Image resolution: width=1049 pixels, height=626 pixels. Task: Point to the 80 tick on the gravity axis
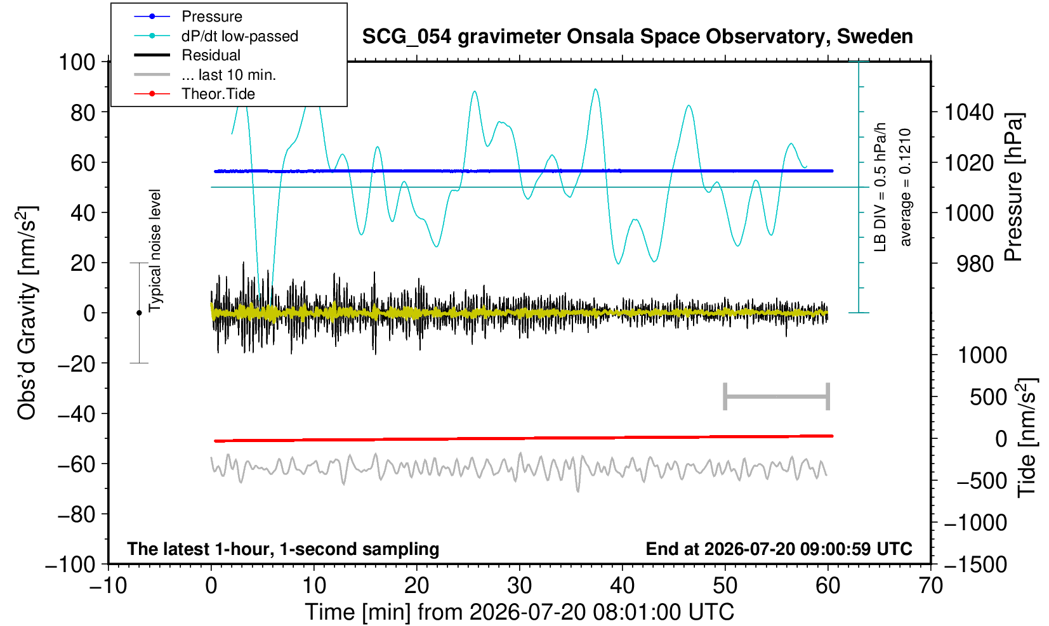click(83, 112)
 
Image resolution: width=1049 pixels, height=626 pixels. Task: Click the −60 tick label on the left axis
click(77, 464)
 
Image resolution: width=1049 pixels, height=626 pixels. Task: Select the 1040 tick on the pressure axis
click(969, 112)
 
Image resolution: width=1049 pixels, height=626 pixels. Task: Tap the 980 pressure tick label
click(975, 264)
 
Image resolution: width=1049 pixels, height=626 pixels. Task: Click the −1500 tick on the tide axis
click(975, 564)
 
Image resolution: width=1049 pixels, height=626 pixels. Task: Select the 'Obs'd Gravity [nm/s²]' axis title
click(26, 313)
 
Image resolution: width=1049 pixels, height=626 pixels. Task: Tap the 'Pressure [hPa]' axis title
click(1014, 187)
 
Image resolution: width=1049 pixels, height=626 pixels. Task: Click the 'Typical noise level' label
click(155, 251)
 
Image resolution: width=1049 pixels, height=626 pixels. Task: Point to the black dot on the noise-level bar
click(139, 313)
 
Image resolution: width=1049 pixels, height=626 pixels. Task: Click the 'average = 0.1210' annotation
click(905, 187)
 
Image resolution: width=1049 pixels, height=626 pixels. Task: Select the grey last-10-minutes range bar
click(777, 396)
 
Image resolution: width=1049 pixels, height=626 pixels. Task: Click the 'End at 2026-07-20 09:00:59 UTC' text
click(779, 549)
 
